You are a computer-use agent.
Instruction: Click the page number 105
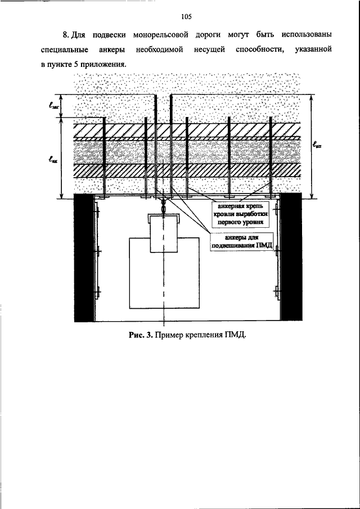pos(187,16)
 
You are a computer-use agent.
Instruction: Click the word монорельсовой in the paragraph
pos(161,34)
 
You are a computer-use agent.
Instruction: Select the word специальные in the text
pos(65,49)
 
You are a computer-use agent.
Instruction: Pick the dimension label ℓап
pos(319,146)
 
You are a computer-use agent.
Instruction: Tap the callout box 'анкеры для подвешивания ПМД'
pos(241,242)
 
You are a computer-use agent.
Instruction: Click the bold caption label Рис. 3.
pos(141,335)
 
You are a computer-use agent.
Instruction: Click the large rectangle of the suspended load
pos(164,273)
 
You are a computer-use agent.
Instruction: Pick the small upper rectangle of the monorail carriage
pos(164,234)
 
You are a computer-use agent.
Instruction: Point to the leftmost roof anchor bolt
pos(104,157)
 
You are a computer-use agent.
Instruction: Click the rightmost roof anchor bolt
pos(271,157)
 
